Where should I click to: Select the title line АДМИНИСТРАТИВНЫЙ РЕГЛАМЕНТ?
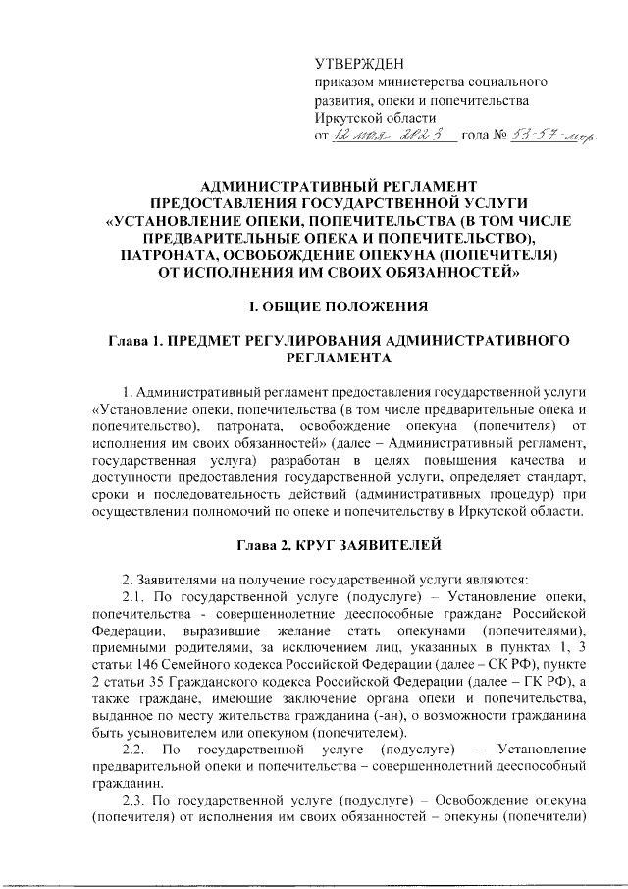[x=338, y=186]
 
